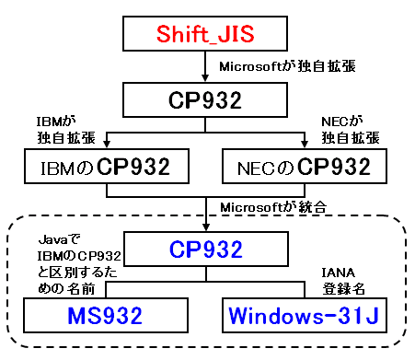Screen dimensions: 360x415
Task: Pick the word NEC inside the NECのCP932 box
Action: click(252, 167)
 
